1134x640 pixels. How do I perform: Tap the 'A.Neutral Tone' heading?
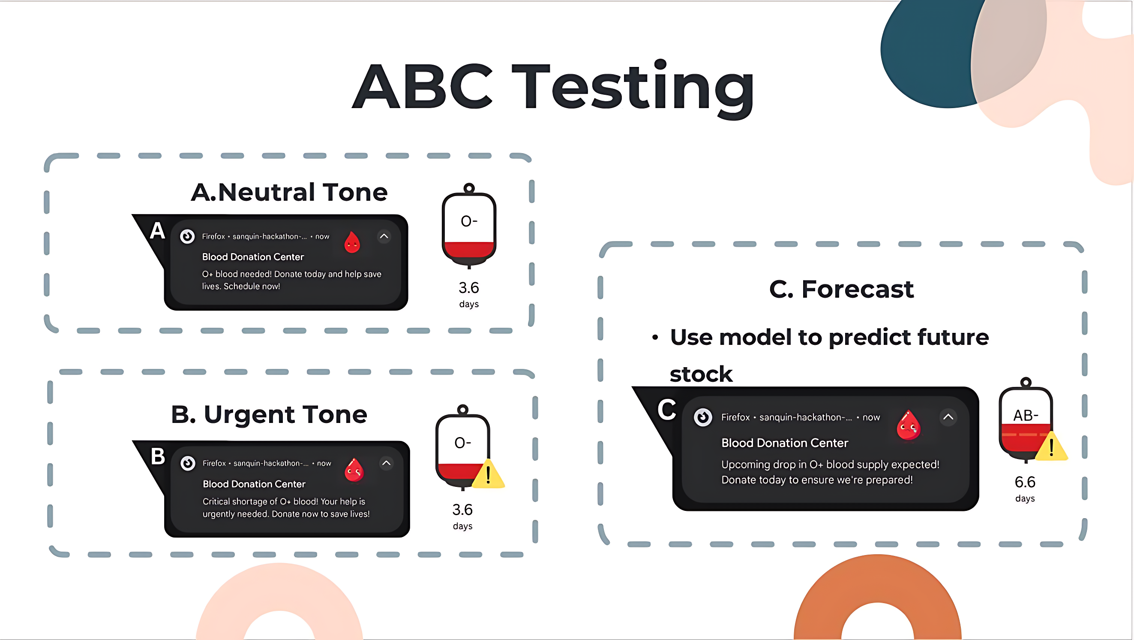click(x=289, y=193)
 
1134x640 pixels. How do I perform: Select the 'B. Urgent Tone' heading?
click(x=269, y=414)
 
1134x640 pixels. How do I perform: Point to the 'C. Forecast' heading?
click(x=841, y=290)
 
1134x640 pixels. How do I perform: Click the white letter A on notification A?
click(x=157, y=231)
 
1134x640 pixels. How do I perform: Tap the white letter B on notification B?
click(x=158, y=456)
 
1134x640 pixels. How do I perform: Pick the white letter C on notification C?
click(x=666, y=410)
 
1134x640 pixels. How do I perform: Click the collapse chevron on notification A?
click(x=384, y=236)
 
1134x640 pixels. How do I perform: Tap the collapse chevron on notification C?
click(x=948, y=417)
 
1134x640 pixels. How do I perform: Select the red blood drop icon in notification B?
click(x=354, y=470)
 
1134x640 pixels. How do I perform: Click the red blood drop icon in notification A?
click(x=352, y=242)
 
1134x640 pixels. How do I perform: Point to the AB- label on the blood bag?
click(x=1025, y=415)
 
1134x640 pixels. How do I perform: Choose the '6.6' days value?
click(x=1025, y=482)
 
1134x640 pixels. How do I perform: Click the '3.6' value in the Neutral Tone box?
click(x=469, y=288)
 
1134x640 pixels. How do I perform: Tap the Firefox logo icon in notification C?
click(x=703, y=417)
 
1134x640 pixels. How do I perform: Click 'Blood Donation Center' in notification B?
click(x=254, y=484)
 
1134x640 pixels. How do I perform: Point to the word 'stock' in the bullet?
click(x=701, y=374)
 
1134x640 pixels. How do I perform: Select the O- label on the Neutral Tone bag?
click(x=469, y=220)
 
